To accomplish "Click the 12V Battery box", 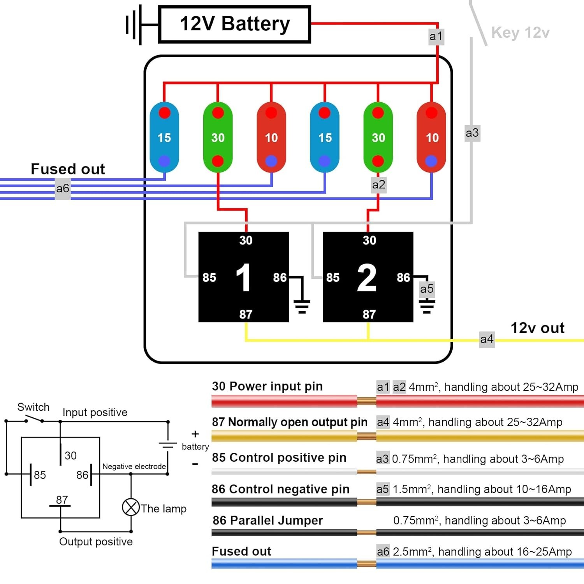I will tap(234, 24).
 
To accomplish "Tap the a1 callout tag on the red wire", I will tap(436, 37).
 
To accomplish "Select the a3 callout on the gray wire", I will tap(472, 133).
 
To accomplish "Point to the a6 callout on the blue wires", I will tap(63, 189).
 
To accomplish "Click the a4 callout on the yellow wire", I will tap(487, 339).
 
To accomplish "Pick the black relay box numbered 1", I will tap(243, 277).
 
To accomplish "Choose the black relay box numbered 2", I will tap(368, 277).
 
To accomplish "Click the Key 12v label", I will tap(520, 33).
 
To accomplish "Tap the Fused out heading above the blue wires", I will tap(68, 169).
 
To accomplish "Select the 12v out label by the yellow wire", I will tap(537, 328).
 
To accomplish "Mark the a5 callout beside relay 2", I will tap(427, 289).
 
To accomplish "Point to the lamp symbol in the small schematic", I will tap(131, 507).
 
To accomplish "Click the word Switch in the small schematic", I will tap(33, 407).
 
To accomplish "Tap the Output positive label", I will tap(96, 542).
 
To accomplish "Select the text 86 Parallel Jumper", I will tap(268, 521).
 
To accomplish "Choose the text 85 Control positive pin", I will tap(279, 457).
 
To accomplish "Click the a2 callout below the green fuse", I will tap(378, 185).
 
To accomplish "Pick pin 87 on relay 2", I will tap(369, 314).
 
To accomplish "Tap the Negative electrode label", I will tap(134, 466).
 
